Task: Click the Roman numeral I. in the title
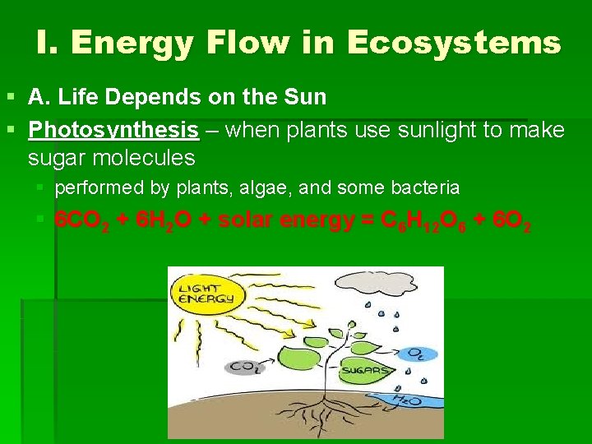[48, 42]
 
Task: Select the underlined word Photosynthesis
[113, 130]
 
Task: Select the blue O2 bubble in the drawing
[416, 354]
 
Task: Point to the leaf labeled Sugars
[361, 372]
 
